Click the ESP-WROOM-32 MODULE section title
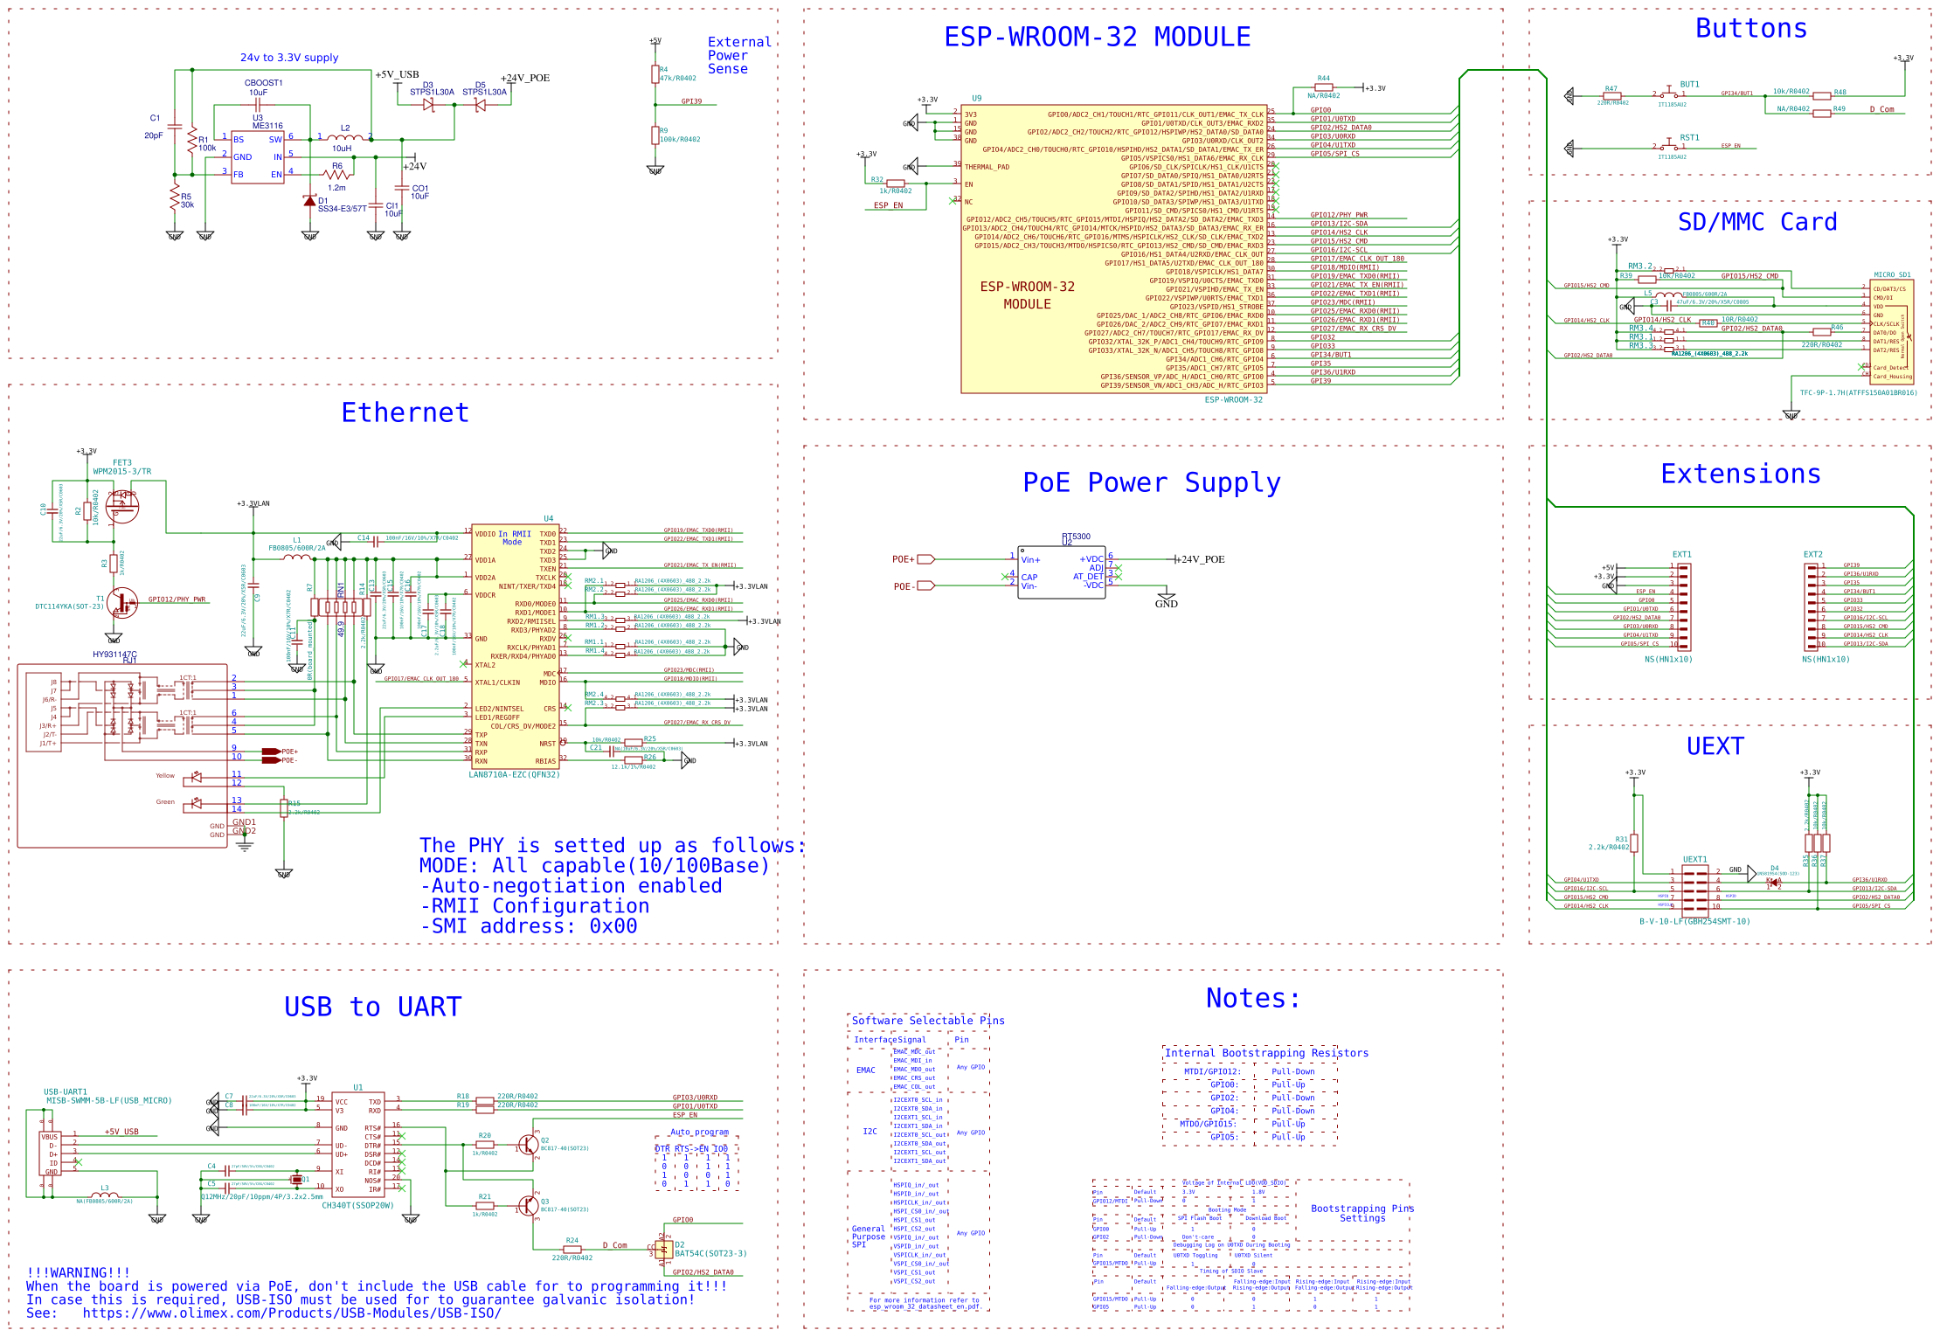[x=1097, y=38]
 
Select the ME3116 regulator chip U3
[x=257, y=157]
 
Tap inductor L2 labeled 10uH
[x=345, y=137]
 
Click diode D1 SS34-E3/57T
[x=309, y=201]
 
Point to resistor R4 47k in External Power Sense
[x=655, y=74]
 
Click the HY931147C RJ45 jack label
[x=114, y=655]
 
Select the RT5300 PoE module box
[x=1062, y=572]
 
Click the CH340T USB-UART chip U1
[x=357, y=1145]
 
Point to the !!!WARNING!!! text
[x=78, y=1272]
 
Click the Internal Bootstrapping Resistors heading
[x=1266, y=1053]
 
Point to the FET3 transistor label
[x=121, y=463]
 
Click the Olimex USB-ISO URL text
[x=292, y=1313]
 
